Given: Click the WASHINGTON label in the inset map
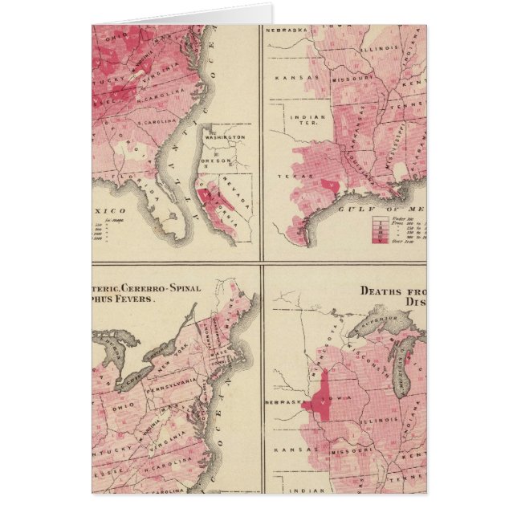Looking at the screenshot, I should point(226,137).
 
